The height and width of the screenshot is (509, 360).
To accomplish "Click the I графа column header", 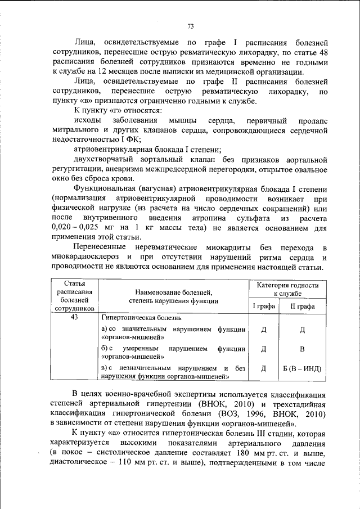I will [x=263, y=306].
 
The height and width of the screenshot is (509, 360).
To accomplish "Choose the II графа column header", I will [x=302, y=306].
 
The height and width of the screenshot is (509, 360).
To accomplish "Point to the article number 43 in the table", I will [x=74, y=317].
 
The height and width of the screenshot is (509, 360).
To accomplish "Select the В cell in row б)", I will [x=302, y=349].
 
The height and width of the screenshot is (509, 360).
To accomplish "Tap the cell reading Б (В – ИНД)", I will [x=302, y=369].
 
